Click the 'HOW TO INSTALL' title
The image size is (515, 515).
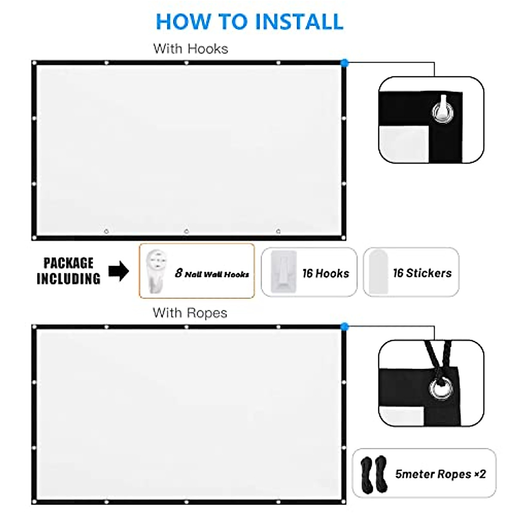point(249,21)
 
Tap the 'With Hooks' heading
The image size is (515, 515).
point(191,48)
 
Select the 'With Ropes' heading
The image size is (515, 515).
point(190,313)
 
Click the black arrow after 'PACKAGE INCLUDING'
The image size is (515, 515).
point(118,271)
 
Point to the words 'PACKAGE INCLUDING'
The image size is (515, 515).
point(68,271)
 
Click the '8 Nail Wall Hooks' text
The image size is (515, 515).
point(212,273)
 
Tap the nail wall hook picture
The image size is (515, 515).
point(155,271)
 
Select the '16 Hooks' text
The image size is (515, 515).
point(326,273)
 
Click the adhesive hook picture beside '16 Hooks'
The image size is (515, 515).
point(284,272)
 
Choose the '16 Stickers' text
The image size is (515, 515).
point(422,273)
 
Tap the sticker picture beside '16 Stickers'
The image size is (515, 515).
point(378,271)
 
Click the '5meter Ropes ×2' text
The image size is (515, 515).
point(440,474)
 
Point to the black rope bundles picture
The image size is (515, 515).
point(374,474)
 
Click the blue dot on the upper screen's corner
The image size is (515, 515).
point(344,63)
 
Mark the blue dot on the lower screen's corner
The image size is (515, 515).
point(344,327)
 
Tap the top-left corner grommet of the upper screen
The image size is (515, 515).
point(34,64)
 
